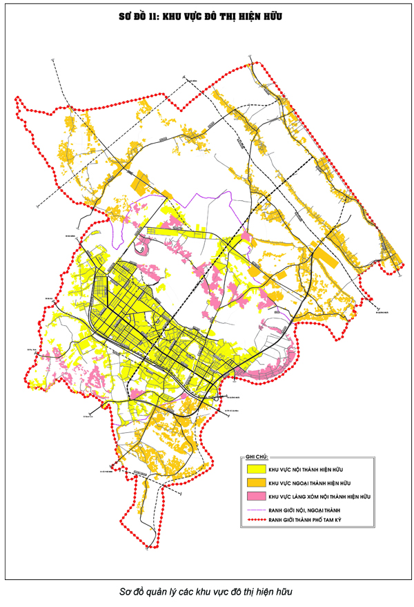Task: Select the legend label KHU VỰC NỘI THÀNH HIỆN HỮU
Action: [306, 470]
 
